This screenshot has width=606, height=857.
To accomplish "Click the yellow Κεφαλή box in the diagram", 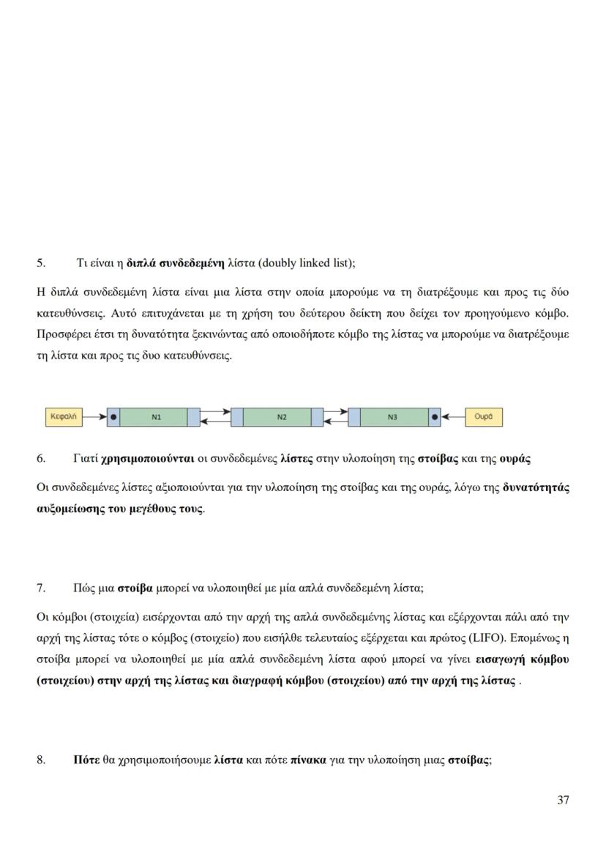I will (64, 417).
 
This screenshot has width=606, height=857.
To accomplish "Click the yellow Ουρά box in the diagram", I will (483, 417).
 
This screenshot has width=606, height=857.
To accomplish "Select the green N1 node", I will (156, 417).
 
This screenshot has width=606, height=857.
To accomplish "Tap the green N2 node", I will (282, 417).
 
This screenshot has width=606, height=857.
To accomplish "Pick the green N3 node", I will (392, 417).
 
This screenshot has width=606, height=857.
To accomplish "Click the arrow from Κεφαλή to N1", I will (94, 417).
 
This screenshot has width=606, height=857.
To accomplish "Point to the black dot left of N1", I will (113, 417).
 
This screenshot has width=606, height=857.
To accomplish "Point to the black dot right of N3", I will (435, 417).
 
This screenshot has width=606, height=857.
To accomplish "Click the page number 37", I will (563, 800).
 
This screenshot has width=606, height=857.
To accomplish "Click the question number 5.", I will (41, 262).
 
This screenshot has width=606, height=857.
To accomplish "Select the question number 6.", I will (41, 459).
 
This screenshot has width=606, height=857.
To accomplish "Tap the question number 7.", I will (41, 588).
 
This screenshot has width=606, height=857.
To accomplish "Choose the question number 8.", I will (41, 760).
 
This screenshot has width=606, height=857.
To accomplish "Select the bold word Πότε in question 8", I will (86, 760).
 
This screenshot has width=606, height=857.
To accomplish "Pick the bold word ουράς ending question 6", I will (515, 459).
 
